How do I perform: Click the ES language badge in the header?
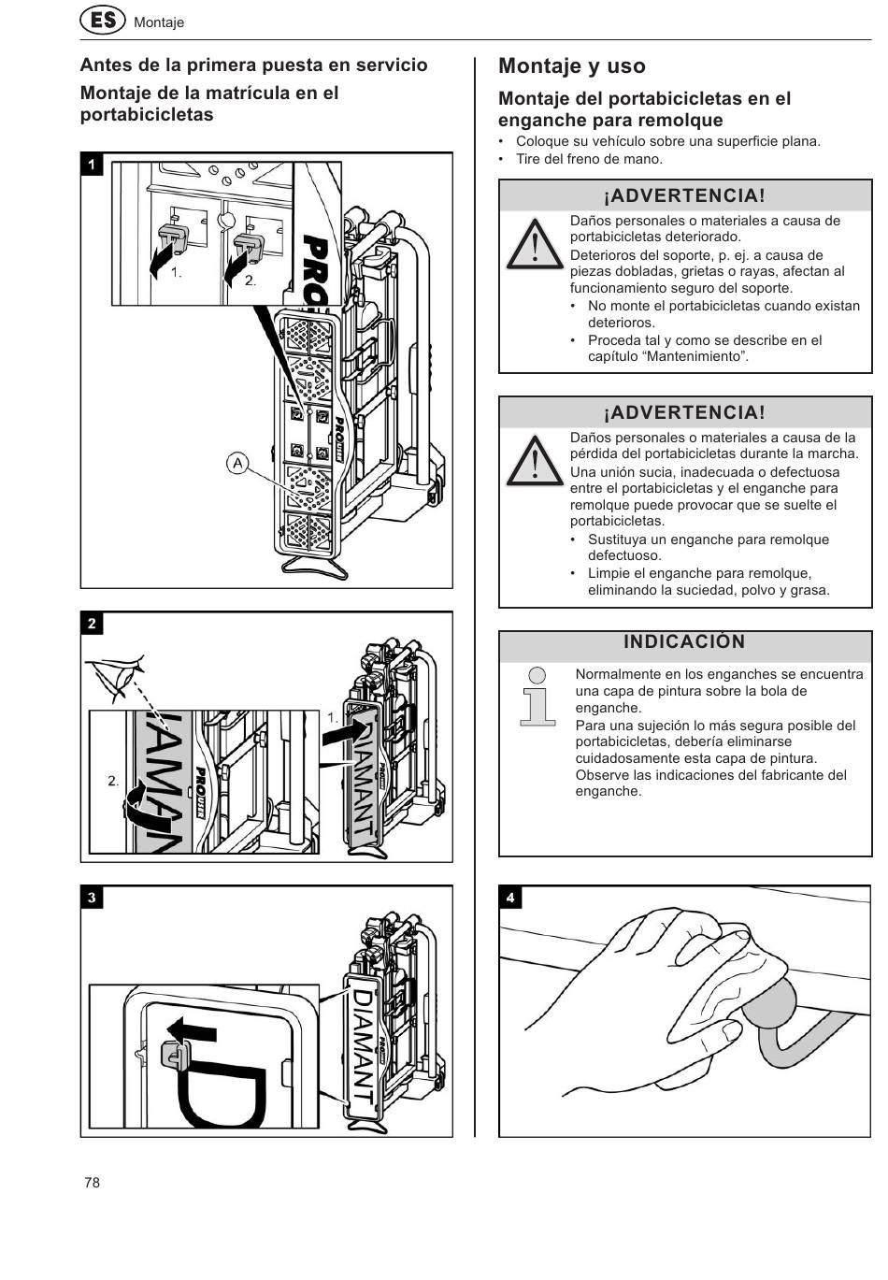point(102,22)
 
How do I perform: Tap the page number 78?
point(92,1182)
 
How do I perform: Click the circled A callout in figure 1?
point(237,462)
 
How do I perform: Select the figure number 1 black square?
point(92,165)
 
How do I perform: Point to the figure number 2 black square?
point(92,624)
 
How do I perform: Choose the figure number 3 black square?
point(92,898)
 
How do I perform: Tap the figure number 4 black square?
point(509,898)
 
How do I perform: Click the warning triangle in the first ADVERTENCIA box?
point(535,245)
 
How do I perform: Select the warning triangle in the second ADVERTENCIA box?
point(535,461)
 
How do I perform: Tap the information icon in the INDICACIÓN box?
point(537,696)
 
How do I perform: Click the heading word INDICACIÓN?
point(684,641)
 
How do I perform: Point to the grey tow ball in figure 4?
point(772,1000)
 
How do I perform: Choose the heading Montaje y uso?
point(572,65)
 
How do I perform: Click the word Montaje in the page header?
point(159,22)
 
